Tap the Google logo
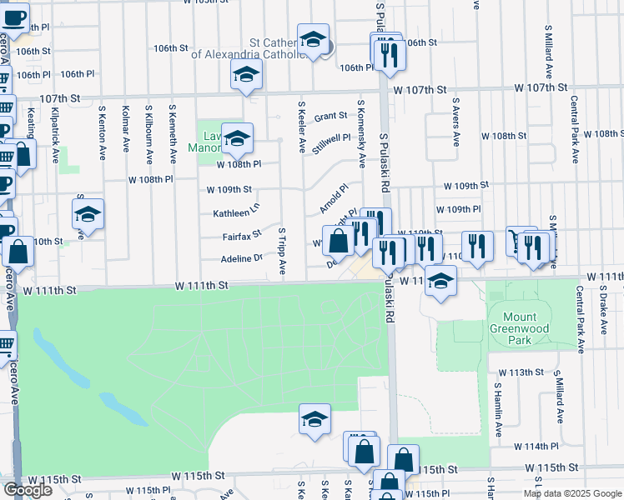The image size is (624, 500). [x=28, y=490]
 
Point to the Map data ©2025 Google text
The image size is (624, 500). [x=572, y=493]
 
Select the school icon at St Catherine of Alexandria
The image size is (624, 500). [x=313, y=39]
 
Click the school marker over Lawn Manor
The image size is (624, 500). [x=237, y=139]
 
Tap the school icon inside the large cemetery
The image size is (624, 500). [x=315, y=420]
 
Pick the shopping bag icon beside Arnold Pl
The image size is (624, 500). [x=339, y=242]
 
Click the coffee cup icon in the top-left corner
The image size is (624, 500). [x=14, y=17]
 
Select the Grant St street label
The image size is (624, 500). [x=330, y=117]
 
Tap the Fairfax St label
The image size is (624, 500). [x=242, y=237]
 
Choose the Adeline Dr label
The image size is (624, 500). [x=242, y=259]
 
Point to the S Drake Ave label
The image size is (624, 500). [x=602, y=309]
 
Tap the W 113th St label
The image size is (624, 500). [x=521, y=372]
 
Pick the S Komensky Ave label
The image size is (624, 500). [x=361, y=133]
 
